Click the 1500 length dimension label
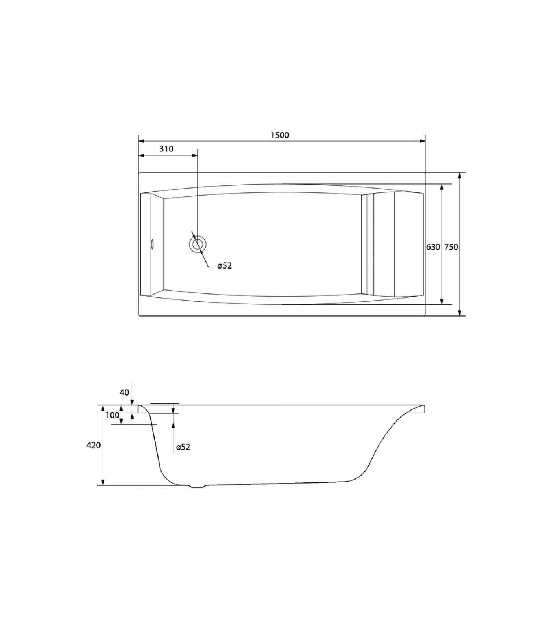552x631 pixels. (280, 135)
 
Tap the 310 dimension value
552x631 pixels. (166, 149)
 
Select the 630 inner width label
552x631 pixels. (433, 247)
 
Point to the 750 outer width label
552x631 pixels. (451, 247)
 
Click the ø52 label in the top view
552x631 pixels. (225, 266)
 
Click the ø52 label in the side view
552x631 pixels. (183, 447)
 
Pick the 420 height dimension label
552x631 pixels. (93, 445)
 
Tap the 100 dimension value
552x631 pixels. (112, 415)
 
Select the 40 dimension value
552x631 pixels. (124, 392)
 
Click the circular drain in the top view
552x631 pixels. (197, 244)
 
